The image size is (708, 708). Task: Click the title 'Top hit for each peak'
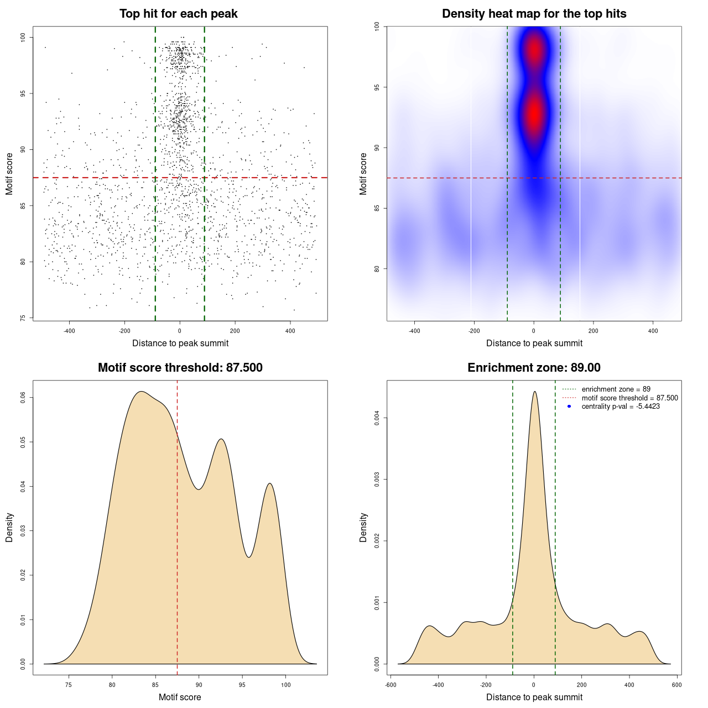(x=178, y=14)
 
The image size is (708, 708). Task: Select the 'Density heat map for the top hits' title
(x=534, y=14)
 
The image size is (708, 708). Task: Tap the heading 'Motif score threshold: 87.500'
(x=180, y=368)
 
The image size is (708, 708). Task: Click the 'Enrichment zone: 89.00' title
(x=534, y=368)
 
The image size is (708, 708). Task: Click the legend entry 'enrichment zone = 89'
(x=616, y=389)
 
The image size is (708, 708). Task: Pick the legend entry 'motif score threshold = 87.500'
(x=629, y=398)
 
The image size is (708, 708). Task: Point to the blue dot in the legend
(x=569, y=407)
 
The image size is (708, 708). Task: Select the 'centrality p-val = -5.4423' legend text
(x=621, y=407)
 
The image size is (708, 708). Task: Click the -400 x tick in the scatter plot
(x=69, y=331)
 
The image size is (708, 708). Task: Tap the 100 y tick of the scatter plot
(x=23, y=37)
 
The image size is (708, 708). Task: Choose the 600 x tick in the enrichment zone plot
(x=676, y=685)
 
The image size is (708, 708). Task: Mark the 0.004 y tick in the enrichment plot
(x=377, y=418)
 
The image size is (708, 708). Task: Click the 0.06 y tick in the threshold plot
(x=23, y=397)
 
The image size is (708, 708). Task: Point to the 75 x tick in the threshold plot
(x=69, y=685)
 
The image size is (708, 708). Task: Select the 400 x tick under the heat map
(x=653, y=331)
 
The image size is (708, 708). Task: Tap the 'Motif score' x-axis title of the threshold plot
(x=180, y=697)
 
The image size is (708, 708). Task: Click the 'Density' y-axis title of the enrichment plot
(x=363, y=528)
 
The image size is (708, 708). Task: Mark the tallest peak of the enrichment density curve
(x=534, y=392)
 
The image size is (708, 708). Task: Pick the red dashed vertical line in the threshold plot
(x=177, y=525)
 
